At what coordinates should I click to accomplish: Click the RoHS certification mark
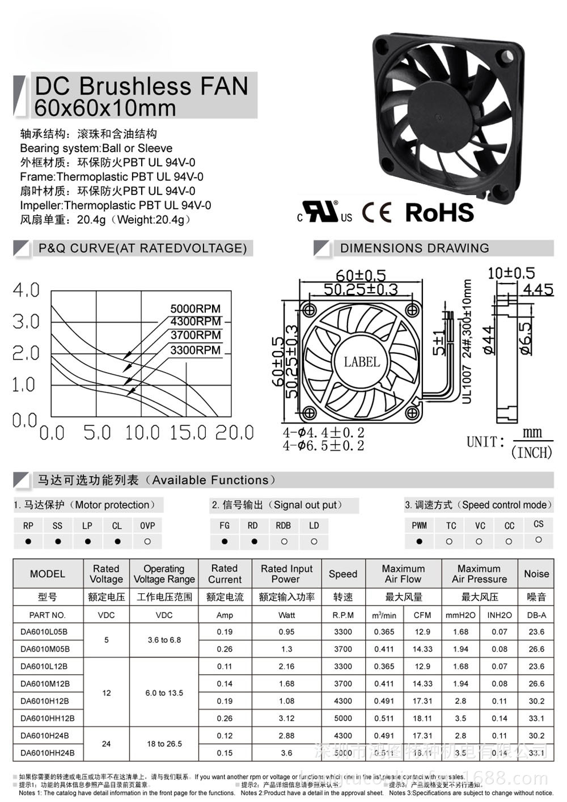coord(439,212)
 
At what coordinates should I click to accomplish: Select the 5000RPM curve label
coord(195,309)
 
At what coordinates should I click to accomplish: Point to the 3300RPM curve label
coord(195,350)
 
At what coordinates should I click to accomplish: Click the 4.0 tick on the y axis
coord(26,290)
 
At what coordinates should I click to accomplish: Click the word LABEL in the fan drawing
coord(362,361)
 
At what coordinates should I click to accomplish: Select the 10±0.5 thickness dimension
coord(511,273)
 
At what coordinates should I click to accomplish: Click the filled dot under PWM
coord(419,541)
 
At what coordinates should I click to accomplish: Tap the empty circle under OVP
coord(147,541)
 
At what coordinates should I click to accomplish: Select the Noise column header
coord(536,573)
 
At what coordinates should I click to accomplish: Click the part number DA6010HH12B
coord(48,718)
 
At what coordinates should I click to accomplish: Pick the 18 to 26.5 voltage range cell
coord(164,744)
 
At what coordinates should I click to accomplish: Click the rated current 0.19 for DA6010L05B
coord(225,631)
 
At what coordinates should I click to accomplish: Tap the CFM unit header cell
coord(422,615)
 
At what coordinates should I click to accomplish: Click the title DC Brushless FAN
coord(142,86)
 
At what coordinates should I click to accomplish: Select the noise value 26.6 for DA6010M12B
coord(536,683)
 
